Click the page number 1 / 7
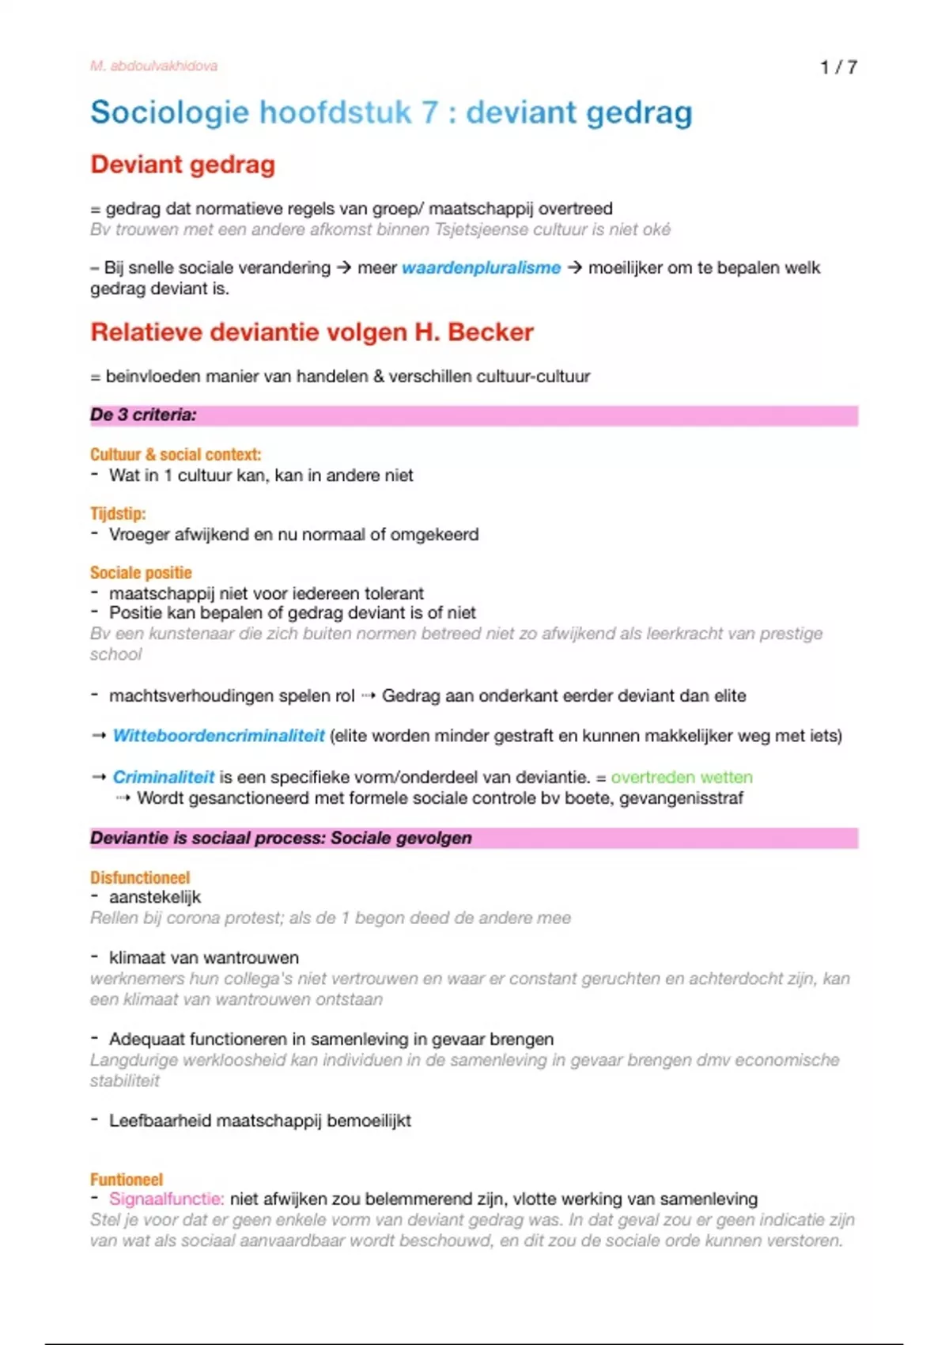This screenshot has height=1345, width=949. pos(838,67)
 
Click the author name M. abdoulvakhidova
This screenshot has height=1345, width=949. pos(153,66)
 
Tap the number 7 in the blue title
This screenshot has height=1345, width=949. pos(429,112)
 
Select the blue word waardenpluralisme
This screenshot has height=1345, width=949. pos(481,268)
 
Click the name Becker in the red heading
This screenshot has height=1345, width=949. pos(490,332)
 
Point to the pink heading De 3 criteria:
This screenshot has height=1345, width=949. pos(143,415)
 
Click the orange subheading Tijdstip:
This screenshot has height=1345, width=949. pos(118,513)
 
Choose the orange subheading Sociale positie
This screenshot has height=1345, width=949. pos(141,573)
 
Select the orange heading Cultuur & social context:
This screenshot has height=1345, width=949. pos(175,454)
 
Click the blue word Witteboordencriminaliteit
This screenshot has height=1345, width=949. pos(218,736)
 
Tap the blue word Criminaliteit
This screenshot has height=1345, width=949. pos(163,777)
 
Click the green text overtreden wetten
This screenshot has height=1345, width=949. pos(681,777)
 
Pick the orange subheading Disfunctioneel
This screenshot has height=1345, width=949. pos(140,877)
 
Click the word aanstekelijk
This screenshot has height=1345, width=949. pos(155,897)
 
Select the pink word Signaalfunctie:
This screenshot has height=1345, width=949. pos(167,1199)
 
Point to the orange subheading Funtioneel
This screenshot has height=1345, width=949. pos(127,1180)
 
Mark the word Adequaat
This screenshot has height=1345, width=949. pos(145,1039)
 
